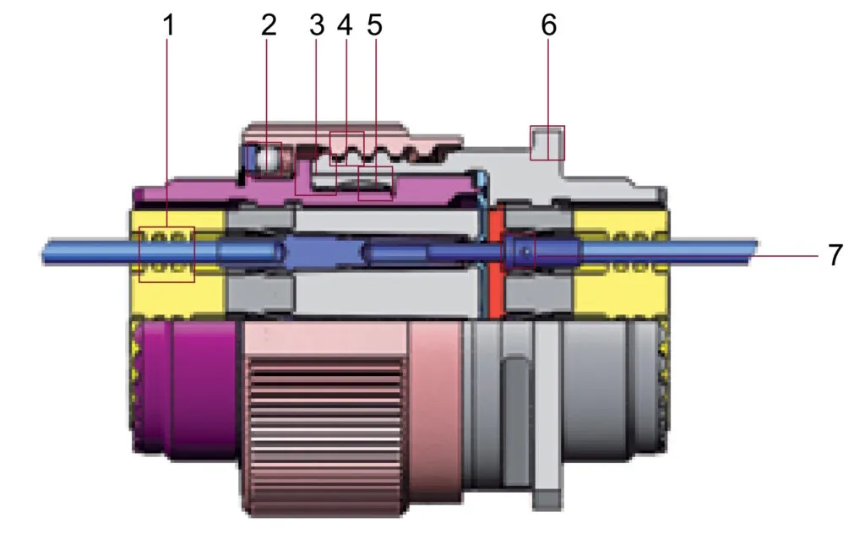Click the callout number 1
[x=169, y=25]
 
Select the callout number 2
[x=269, y=25]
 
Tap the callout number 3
[x=317, y=25]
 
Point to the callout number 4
[x=345, y=25]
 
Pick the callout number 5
[x=374, y=25]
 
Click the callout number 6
[x=549, y=25]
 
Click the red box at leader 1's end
[x=167, y=254]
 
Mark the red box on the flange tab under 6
[x=547, y=143]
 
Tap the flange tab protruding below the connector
[x=547, y=499]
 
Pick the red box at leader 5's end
[x=376, y=183]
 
